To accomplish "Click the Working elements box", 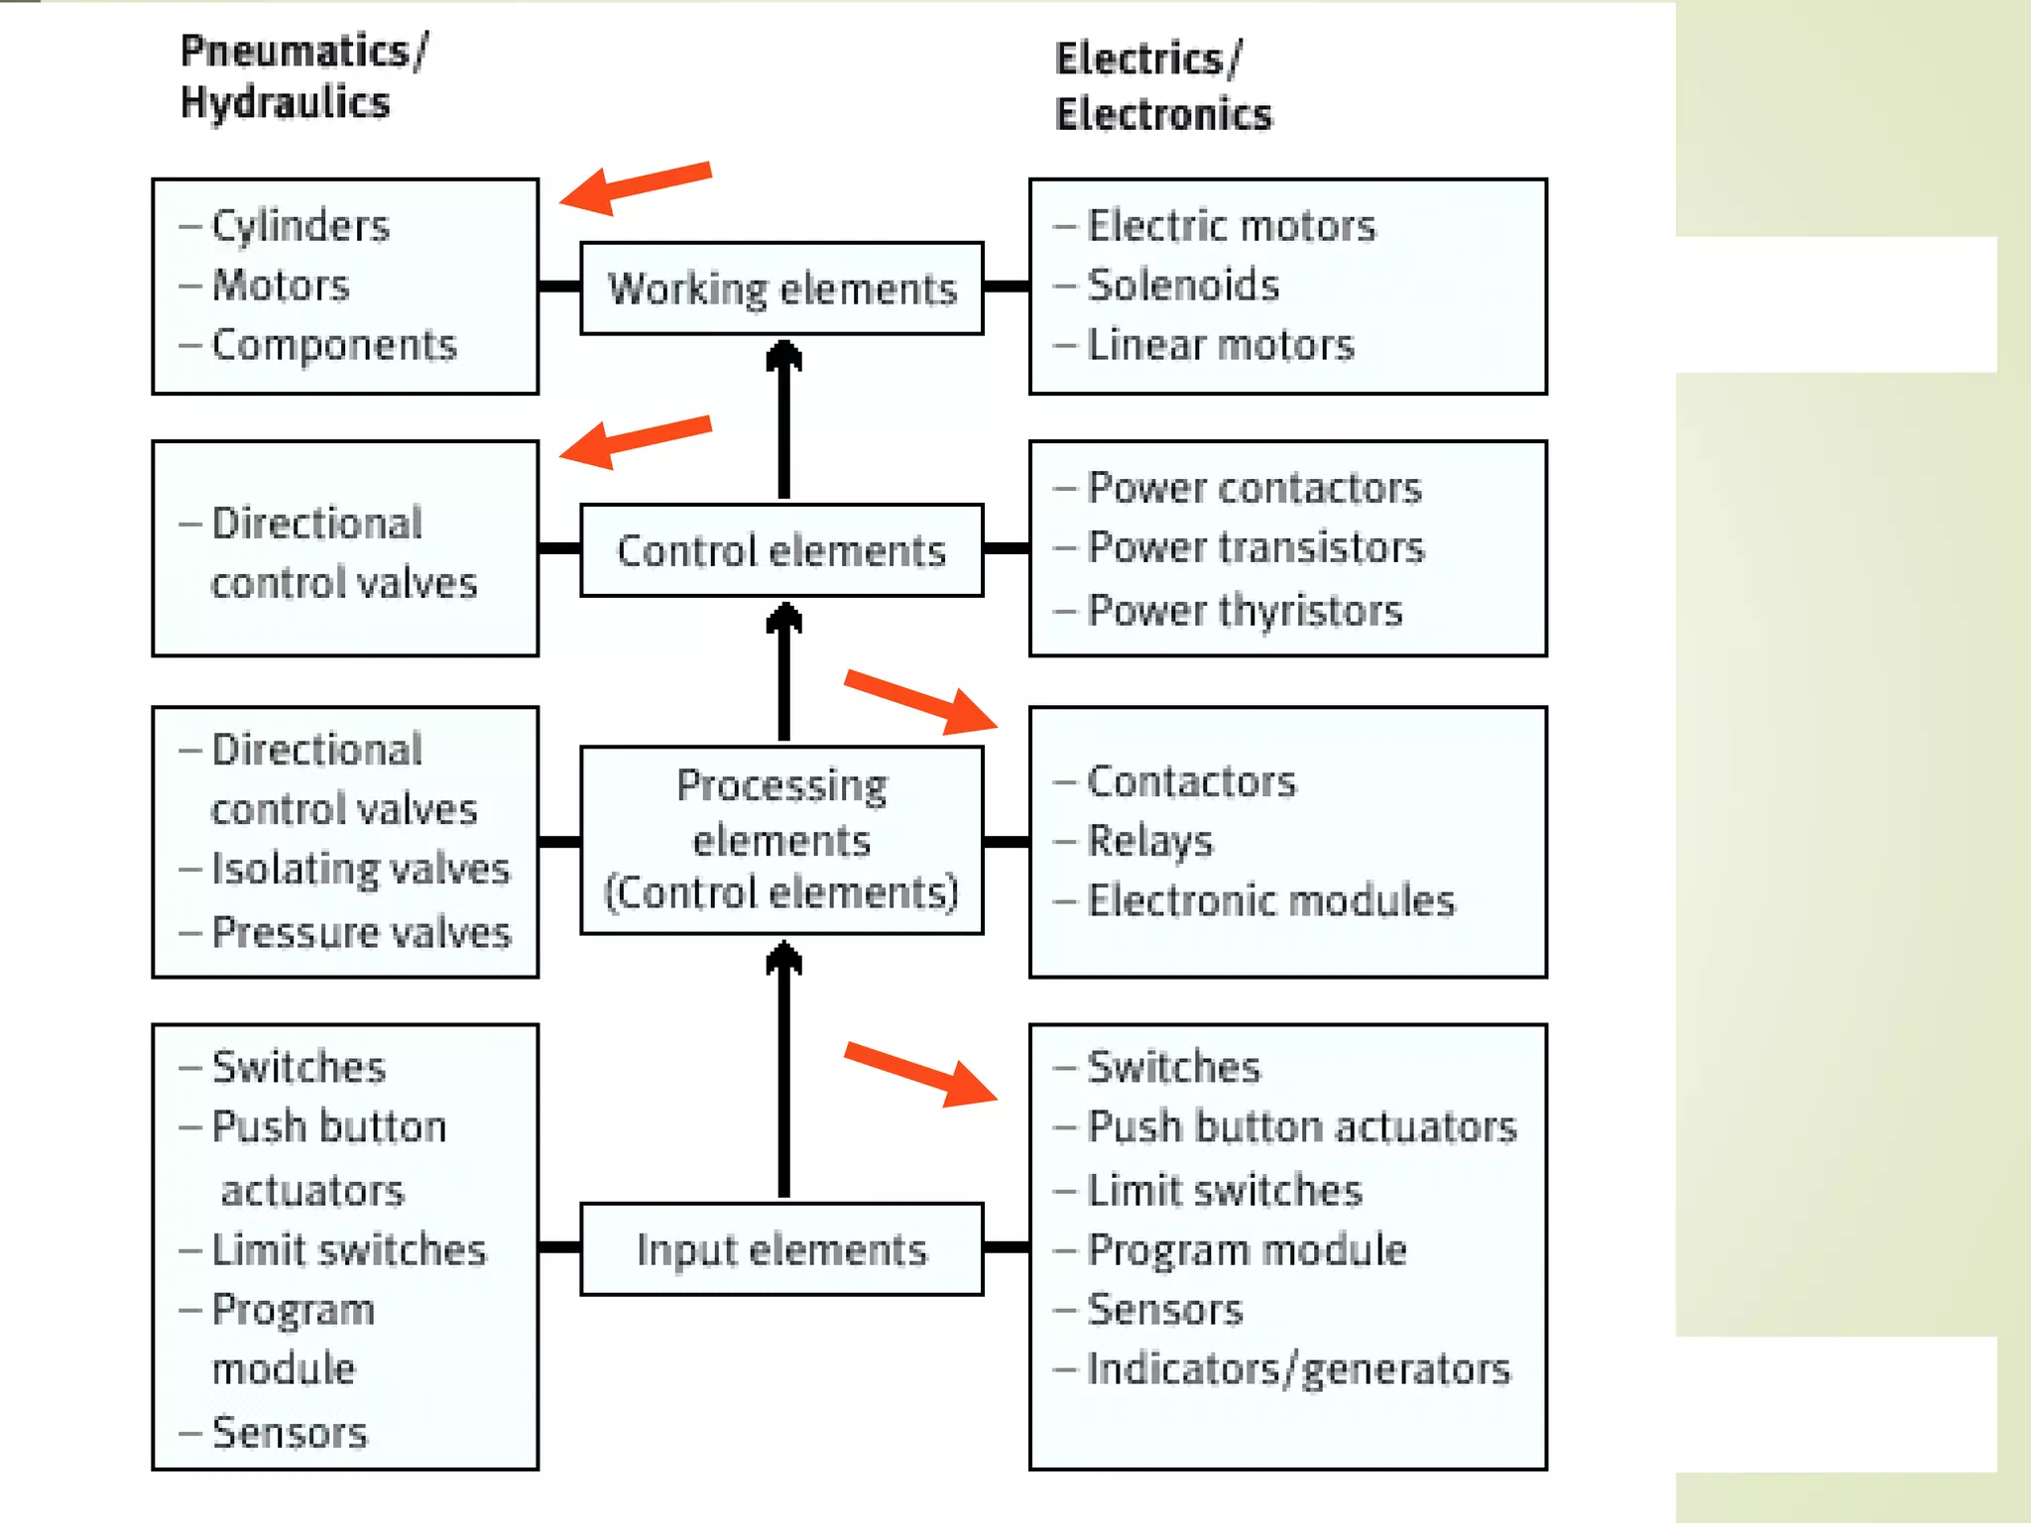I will pos(781,289).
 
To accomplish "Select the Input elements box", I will pos(781,1249).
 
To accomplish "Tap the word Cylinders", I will pos(299,227).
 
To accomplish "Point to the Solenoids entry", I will pos(1182,286).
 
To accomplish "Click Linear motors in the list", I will pos(1220,345).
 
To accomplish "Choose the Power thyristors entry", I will pos(1244,611).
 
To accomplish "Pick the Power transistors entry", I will pos(1254,547).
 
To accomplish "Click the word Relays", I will pos(1149,842).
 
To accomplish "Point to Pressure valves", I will pos(361,933).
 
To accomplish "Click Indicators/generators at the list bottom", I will pos(1297,1369).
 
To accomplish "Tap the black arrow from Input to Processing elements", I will pos(783,1071).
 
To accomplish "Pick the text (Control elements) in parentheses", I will pos(781,892).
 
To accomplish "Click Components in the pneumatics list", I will pos(333,345).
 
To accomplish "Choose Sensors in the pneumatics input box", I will pos(289,1433).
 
